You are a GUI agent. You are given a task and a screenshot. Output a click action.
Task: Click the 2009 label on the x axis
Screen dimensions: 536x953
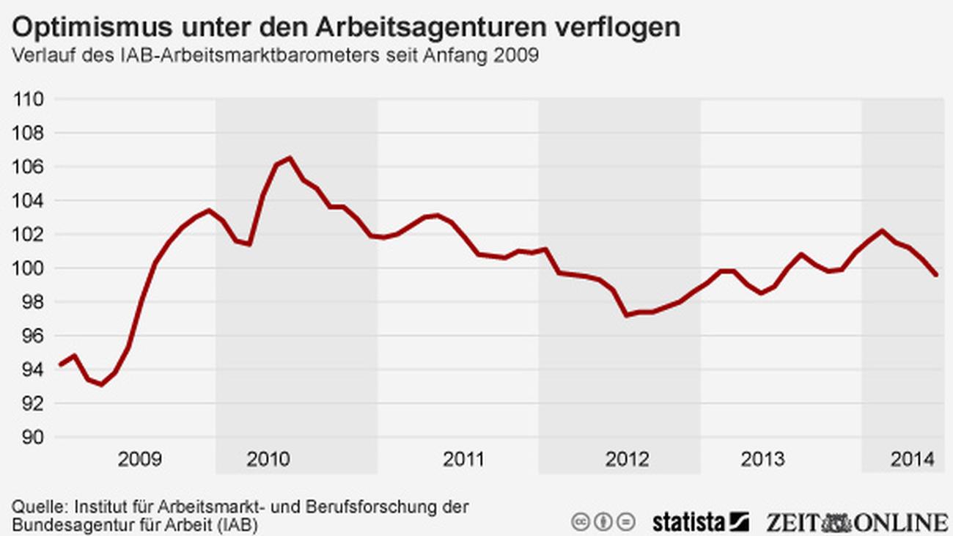tap(140, 460)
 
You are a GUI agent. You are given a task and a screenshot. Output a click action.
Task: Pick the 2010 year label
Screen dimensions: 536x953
tap(268, 460)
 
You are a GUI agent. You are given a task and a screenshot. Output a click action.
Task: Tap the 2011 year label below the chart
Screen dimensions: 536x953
tap(463, 460)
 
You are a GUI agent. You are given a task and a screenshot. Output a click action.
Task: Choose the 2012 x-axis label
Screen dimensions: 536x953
tap(627, 460)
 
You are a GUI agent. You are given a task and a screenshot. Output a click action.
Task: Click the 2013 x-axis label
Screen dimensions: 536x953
tap(762, 460)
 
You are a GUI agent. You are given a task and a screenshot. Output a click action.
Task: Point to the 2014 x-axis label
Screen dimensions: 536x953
tap(912, 460)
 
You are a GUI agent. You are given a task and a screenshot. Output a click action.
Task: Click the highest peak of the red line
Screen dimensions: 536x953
tap(290, 158)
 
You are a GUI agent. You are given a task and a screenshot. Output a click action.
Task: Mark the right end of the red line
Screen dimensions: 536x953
tap(937, 275)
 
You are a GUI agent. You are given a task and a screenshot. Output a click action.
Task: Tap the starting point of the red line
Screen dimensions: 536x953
tap(60, 364)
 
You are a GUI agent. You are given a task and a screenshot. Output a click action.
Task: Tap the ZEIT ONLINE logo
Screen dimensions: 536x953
tap(857, 522)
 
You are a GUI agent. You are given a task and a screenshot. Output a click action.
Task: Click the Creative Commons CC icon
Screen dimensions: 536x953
tap(581, 522)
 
